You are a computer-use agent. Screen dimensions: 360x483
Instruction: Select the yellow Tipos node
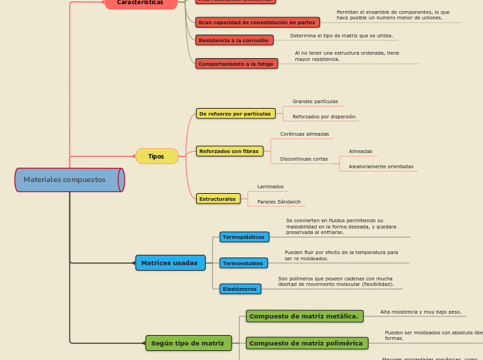[x=157, y=156]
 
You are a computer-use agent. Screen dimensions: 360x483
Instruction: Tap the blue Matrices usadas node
[x=170, y=263]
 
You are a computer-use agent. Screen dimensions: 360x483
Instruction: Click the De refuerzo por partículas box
[x=236, y=114]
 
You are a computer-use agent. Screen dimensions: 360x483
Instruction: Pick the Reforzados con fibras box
[x=229, y=151]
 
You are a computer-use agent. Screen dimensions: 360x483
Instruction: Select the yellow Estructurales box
[x=218, y=199]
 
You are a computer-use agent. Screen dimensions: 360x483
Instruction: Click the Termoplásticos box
[x=244, y=237]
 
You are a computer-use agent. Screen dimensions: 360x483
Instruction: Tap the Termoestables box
[x=243, y=263]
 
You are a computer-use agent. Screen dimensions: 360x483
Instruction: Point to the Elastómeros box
[x=240, y=289]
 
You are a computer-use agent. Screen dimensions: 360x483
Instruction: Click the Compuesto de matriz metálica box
[x=304, y=316]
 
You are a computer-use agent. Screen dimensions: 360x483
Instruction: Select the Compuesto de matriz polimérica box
[x=306, y=343]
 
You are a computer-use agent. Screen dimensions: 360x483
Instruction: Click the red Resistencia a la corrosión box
[x=234, y=40]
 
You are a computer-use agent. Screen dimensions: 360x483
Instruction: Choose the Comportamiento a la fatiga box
[x=236, y=64]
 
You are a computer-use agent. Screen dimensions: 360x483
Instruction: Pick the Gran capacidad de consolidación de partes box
[x=257, y=22]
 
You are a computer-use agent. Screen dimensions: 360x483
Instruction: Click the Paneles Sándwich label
[x=279, y=202]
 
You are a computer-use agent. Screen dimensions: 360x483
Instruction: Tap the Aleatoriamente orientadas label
[x=381, y=167]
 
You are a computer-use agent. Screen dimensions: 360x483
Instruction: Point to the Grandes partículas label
[x=315, y=102]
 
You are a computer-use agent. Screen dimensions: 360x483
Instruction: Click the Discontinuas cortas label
[x=304, y=159]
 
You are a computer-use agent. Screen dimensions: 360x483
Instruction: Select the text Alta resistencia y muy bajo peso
[x=421, y=312]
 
